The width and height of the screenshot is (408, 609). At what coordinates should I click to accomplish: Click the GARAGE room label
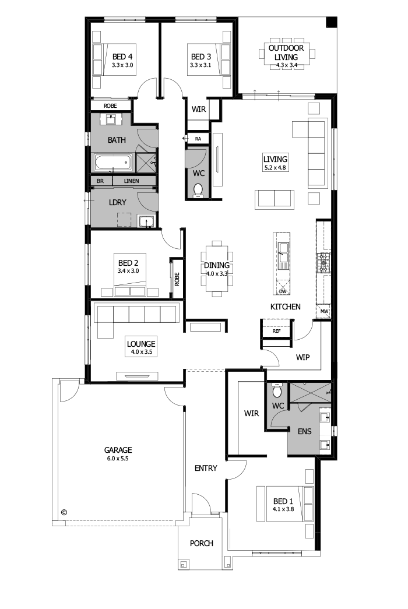tap(118, 450)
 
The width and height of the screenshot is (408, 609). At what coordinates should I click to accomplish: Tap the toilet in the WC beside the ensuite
tap(277, 387)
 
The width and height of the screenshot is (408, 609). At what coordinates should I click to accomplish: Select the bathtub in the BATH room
tap(113, 162)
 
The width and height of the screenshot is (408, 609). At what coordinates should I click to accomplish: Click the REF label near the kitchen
tap(277, 331)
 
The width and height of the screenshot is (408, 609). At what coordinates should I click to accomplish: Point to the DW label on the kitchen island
tap(283, 291)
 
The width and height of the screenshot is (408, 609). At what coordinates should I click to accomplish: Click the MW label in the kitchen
tap(323, 312)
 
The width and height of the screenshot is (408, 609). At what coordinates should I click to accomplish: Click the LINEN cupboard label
tap(132, 181)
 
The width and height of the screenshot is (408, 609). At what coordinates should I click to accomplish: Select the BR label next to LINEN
tap(100, 181)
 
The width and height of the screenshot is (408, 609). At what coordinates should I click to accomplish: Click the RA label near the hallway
tap(198, 139)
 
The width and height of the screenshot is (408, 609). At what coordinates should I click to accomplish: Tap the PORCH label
tap(202, 543)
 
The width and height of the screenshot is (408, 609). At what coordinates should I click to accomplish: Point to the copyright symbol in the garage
tap(64, 512)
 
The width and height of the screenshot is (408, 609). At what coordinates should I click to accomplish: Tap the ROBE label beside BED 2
tap(176, 279)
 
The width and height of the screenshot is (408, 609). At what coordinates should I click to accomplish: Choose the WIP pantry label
tap(303, 357)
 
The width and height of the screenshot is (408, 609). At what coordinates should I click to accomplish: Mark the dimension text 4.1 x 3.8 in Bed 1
tap(283, 509)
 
